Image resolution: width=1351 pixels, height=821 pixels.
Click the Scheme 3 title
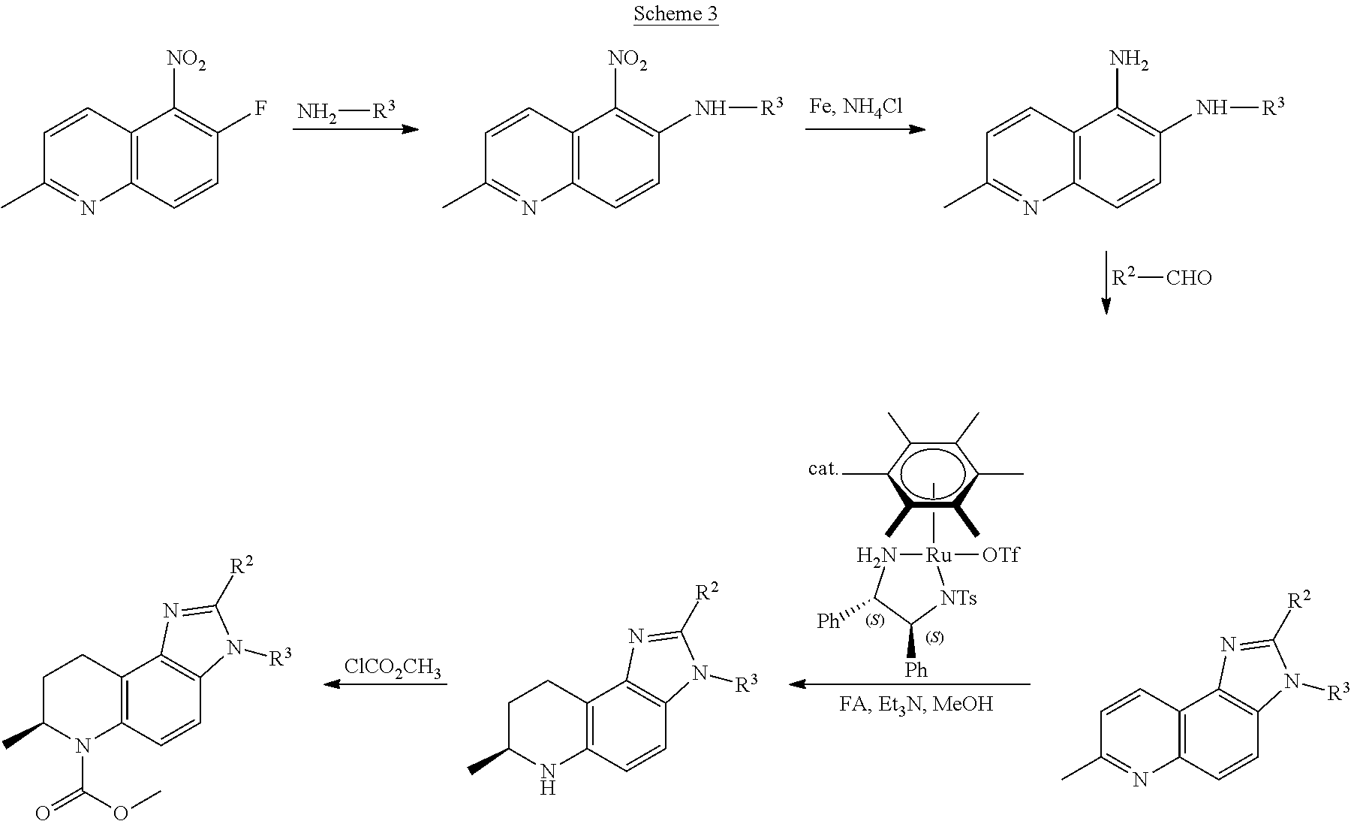675,14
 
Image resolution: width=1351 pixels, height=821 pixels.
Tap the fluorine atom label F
260,110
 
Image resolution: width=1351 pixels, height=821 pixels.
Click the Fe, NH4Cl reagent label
856,107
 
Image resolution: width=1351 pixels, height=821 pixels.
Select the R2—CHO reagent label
1161,277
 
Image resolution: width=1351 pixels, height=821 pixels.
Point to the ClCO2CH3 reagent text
393,667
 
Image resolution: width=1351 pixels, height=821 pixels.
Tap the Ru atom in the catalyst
937,556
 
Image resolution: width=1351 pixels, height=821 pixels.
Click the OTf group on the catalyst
1000,556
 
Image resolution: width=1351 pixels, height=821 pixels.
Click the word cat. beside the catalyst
823,469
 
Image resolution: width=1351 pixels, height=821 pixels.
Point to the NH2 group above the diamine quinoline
1128,60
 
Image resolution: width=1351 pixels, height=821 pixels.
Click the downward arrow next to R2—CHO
1106,283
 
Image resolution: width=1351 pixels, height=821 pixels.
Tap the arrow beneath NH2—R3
355,129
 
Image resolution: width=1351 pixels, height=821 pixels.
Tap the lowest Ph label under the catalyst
915,670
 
